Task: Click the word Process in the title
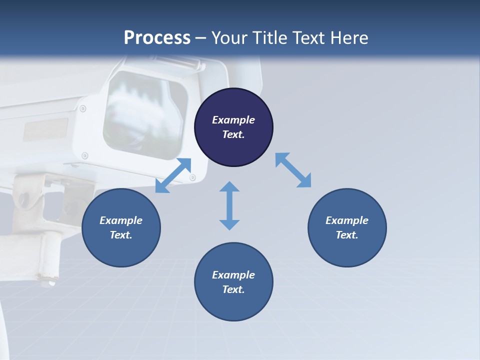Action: pos(157,38)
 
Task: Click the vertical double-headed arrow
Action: pos(229,205)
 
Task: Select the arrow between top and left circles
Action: pos(173,175)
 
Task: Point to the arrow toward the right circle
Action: pos(293,170)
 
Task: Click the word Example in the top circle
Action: pos(233,120)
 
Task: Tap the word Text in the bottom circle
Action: pos(233,289)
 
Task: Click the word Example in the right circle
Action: pos(347,220)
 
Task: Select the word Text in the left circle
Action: pos(121,235)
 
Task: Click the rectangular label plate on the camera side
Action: pos(46,129)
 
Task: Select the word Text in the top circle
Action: pos(233,134)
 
